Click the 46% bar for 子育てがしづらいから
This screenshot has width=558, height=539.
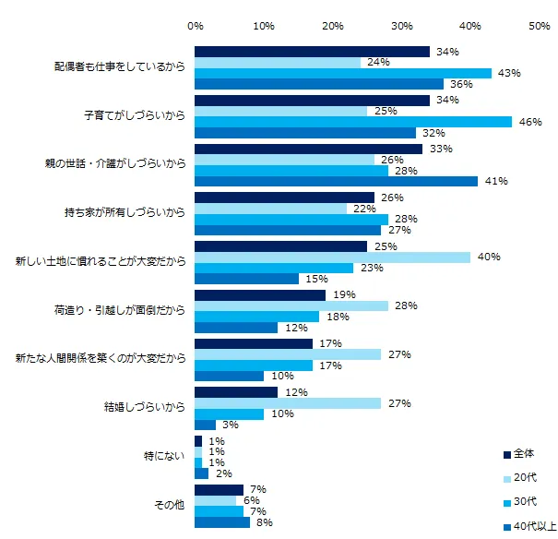pos(353,121)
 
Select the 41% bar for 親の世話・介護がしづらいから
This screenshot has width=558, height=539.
pos(336,181)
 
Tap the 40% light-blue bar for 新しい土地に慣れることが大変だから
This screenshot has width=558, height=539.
pos(332,257)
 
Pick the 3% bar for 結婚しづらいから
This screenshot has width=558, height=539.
pos(205,425)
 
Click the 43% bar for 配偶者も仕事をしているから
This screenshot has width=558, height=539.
pos(343,73)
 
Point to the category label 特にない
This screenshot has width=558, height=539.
pos(166,455)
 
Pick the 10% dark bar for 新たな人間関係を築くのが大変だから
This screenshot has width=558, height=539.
pos(229,376)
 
